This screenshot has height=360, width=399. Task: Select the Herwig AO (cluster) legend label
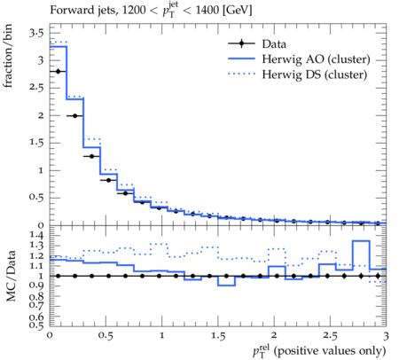click(316, 59)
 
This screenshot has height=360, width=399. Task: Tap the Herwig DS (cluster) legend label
click(315, 74)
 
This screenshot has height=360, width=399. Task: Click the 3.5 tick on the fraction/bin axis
click(36, 33)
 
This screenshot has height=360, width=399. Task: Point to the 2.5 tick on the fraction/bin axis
click(36, 88)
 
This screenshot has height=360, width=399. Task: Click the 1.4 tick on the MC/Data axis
click(36, 236)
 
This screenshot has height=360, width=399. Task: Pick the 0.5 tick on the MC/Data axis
click(36, 325)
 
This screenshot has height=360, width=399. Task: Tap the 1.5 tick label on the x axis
click(218, 336)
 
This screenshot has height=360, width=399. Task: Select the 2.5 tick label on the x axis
click(330, 336)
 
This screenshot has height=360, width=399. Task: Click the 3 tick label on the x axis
click(386, 336)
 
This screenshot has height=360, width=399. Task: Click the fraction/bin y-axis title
click(8, 56)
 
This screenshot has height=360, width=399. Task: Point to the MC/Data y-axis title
click(11, 276)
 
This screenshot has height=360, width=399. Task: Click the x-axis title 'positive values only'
click(331, 351)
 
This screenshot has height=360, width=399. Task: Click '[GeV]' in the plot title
click(238, 11)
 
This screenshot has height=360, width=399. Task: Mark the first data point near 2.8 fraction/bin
click(59, 71)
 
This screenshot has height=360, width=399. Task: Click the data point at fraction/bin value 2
click(75, 116)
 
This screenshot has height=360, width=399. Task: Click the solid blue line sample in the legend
click(241, 59)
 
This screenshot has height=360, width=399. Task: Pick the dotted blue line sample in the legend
click(241, 74)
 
